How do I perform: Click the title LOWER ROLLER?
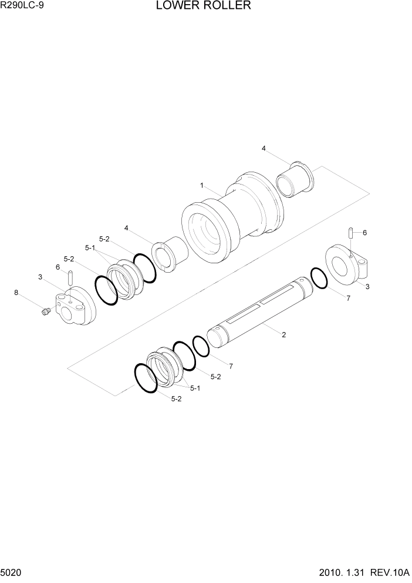click(204, 6)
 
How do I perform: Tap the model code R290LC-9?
click(22, 6)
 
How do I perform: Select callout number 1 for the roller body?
click(201, 185)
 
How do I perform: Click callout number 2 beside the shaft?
click(283, 335)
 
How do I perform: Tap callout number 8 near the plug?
click(16, 291)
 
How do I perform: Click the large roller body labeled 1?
click(232, 220)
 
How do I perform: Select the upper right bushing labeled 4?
click(295, 179)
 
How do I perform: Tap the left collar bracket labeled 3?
click(75, 306)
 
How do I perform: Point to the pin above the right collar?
click(351, 233)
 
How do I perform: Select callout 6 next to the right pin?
click(364, 233)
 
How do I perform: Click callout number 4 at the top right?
click(264, 149)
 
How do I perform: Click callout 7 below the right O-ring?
click(348, 299)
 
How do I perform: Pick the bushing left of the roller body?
click(170, 255)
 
